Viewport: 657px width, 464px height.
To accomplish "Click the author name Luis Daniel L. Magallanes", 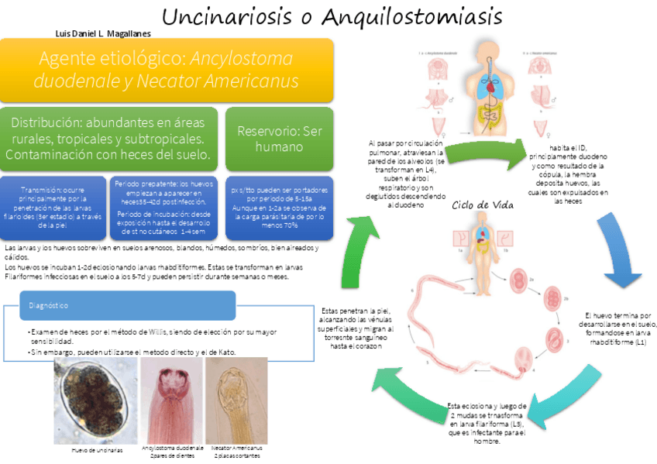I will [104, 33].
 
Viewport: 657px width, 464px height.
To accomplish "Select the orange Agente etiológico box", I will [167, 70].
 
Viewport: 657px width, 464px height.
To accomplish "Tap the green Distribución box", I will [109, 139].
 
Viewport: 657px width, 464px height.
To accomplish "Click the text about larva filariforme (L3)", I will [488, 424].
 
